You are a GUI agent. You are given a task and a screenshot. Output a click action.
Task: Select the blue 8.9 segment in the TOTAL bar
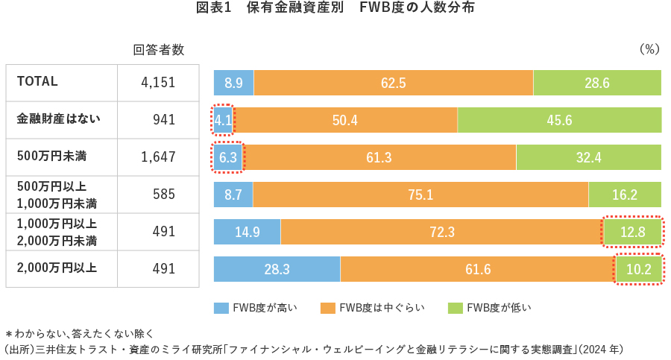tap(233, 83)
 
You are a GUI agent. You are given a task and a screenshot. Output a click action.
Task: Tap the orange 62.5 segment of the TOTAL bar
tap(393, 83)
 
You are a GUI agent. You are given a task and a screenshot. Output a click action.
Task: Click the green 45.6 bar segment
tap(558, 120)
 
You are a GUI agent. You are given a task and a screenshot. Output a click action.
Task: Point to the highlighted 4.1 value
tap(223, 120)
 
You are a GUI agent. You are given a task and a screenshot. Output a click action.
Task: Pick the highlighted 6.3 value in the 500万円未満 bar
tap(228, 157)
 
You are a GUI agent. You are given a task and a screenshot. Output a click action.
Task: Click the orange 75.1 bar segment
tap(420, 195)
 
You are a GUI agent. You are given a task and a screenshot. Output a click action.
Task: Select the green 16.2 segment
tap(624, 195)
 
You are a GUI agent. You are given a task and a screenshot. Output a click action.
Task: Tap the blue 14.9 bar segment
tap(247, 232)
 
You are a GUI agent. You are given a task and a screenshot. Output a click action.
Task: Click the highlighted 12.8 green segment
tap(632, 232)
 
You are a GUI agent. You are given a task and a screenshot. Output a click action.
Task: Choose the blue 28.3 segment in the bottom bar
tap(277, 269)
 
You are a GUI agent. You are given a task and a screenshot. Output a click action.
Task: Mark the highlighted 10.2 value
tap(638, 269)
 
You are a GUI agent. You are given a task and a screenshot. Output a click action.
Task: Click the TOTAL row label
tap(37, 82)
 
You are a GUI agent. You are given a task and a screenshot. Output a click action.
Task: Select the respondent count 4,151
tap(158, 83)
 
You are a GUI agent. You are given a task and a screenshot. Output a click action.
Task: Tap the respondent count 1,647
tap(158, 157)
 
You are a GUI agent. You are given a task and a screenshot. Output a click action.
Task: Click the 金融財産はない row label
tap(58, 119)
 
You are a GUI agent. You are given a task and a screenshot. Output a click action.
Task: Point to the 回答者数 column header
tap(158, 50)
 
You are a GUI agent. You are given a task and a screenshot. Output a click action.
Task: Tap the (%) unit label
tap(649, 50)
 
